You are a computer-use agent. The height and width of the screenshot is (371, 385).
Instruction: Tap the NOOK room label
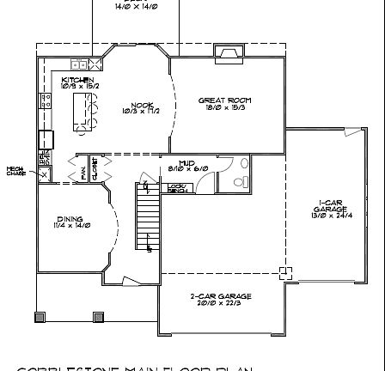[x=141, y=107]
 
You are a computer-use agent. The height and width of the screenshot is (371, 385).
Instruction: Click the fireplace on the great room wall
[x=229, y=53]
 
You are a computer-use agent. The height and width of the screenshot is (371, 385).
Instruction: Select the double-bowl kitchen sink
[x=79, y=64]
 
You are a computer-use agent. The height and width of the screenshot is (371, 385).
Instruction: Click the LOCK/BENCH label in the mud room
[x=177, y=187]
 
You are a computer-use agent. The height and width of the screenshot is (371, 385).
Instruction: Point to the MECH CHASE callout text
[x=15, y=171]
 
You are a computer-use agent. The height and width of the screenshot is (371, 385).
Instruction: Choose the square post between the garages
[x=285, y=272]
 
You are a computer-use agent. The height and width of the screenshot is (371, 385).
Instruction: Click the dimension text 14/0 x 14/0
[x=136, y=5]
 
